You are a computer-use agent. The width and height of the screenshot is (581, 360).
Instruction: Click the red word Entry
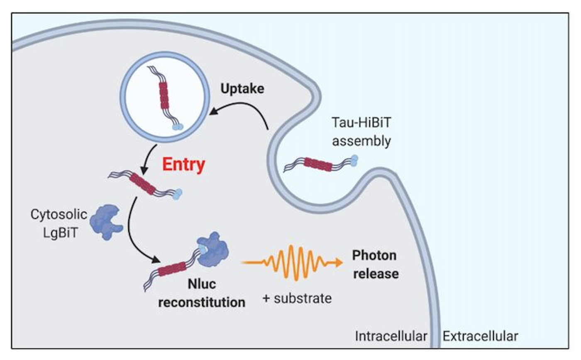[183, 165]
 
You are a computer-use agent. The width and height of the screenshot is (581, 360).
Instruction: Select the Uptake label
[242, 89]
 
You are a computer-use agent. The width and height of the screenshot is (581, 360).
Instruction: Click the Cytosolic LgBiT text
[59, 223]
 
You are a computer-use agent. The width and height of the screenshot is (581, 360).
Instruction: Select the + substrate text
[297, 298]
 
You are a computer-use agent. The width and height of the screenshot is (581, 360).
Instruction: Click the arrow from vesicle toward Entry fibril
[149, 160]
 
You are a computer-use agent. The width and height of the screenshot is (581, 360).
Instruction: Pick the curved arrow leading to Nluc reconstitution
[137, 232]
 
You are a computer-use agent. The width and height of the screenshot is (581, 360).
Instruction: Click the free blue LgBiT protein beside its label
[106, 221]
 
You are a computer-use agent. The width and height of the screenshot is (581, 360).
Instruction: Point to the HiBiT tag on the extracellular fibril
[353, 160]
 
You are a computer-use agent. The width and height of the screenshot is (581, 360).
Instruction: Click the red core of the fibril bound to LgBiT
[172, 269]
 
